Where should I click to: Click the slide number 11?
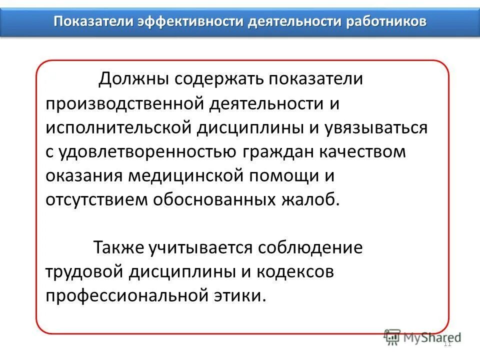(x=447, y=343)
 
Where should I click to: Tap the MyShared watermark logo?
(x=422, y=337)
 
